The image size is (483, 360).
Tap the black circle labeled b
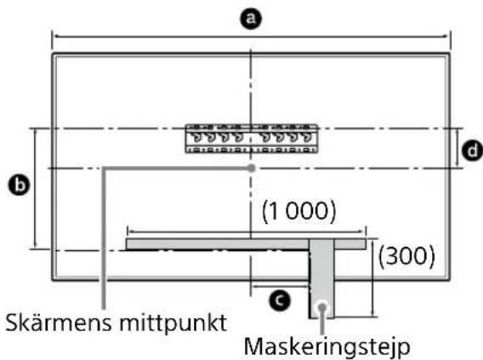(x=14, y=184)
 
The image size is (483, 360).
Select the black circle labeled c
(x=276, y=299)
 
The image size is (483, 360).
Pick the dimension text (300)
(x=407, y=254)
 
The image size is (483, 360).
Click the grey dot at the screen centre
(x=251, y=169)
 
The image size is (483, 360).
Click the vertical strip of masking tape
(x=321, y=281)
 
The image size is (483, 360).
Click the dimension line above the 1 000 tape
(x=187, y=229)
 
